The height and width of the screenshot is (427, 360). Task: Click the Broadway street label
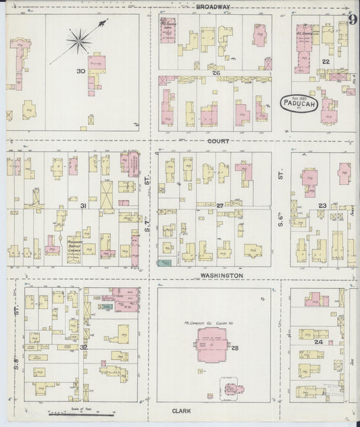tap(213, 7)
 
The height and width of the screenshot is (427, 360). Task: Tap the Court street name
tap(219, 141)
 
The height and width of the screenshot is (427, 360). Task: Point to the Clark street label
tap(182, 410)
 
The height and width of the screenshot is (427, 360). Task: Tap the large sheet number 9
tap(353, 19)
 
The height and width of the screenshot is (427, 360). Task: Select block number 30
tap(80, 71)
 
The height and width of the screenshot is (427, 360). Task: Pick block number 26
tap(215, 72)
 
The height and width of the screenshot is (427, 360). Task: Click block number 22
tap(325, 61)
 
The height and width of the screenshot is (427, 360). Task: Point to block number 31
tap(83, 205)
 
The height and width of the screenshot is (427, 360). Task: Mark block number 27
tap(220, 205)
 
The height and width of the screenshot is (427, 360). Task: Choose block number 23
tap(322, 205)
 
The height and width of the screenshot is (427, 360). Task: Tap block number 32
tap(83, 347)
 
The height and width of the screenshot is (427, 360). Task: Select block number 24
tap(319, 342)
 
